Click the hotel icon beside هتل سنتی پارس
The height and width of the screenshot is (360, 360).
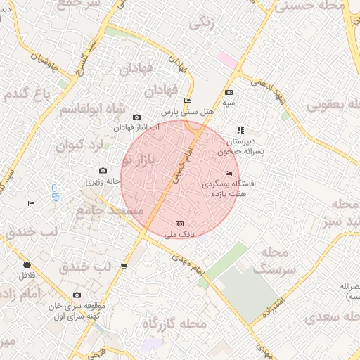187,101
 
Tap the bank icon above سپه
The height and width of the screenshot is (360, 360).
228,92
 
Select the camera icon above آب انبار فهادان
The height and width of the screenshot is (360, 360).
136,117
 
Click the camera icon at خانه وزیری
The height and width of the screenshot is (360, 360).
103,171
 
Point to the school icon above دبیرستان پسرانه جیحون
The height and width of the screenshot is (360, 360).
240,130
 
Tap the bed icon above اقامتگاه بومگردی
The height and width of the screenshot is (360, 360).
229,173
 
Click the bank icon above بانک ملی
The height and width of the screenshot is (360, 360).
178,223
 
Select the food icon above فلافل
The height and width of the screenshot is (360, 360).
27,264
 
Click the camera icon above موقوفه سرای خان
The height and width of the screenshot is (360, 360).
77,295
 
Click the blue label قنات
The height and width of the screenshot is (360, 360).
54,191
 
